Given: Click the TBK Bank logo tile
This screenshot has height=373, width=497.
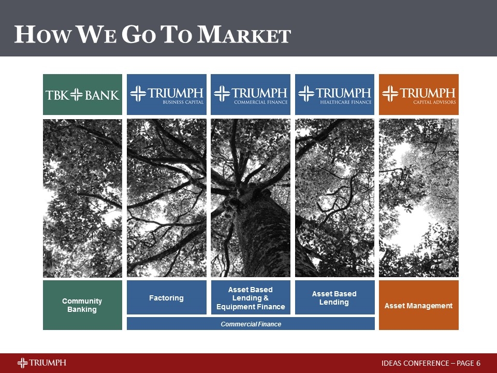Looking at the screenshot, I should pos(82,94).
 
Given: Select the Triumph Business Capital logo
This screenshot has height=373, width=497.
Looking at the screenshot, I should pos(166,94).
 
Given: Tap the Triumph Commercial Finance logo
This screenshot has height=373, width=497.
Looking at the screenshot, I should pos(251,94).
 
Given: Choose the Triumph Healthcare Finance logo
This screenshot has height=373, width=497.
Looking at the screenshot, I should pos(334,94).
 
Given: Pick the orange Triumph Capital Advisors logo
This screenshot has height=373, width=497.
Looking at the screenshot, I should pos(418,94).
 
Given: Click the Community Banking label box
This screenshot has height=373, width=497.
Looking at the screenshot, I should pos(82,305).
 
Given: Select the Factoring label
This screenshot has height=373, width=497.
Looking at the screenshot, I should pos(166,298).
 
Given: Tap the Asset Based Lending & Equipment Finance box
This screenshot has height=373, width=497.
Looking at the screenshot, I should pos(251,298).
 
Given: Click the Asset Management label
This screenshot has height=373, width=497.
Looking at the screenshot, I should pos(418,306).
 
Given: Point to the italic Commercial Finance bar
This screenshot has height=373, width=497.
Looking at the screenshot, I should pos(251,324).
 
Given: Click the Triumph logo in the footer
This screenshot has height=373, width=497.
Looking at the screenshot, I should pos(41,363).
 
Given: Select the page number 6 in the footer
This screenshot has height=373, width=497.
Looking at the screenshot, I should pos(478,363).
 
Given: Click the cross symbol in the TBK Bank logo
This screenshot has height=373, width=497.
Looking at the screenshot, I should pos(77,95).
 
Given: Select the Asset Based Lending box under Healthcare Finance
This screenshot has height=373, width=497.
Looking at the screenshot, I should pos(334,298).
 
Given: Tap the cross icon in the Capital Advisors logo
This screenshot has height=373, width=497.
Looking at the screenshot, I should pos(390,94).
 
